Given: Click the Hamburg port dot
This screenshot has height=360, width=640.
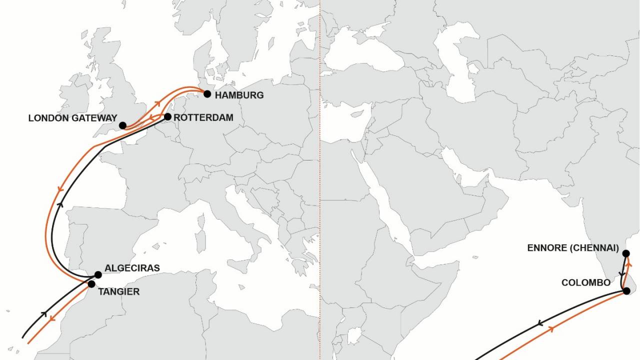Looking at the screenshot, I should point(207,94).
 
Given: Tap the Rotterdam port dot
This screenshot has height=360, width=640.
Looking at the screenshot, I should point(167,117).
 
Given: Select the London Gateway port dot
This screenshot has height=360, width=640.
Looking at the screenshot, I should point(122,125).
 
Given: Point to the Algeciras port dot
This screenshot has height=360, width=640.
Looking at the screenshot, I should point(98,274).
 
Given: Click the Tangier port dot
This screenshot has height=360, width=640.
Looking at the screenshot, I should point(91,284).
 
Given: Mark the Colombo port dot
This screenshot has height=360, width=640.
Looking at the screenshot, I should point(626,291).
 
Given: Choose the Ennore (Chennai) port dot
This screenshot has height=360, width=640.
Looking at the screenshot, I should point(626,253).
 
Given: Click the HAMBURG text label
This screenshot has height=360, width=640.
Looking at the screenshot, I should point(239,95).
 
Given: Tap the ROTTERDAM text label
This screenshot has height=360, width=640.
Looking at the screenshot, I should point(203,118).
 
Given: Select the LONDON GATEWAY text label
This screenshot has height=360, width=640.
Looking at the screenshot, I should point(72,118).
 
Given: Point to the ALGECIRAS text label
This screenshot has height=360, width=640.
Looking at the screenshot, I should point(132,268).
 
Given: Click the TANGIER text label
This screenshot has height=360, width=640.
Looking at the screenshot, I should point(118,292).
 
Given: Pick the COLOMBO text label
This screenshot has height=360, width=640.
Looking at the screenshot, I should point(585,283).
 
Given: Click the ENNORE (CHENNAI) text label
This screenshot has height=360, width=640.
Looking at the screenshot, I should point(573,248).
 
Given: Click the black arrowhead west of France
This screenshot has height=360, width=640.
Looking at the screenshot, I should point(60,204).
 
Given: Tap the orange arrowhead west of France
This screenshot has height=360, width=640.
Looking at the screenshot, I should point(59,189).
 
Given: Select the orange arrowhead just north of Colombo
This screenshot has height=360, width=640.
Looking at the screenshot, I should point(629,263).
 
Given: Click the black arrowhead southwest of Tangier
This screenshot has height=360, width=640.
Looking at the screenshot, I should point(44,314).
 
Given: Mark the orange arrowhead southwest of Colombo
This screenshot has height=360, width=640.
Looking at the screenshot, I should point(552,328).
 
